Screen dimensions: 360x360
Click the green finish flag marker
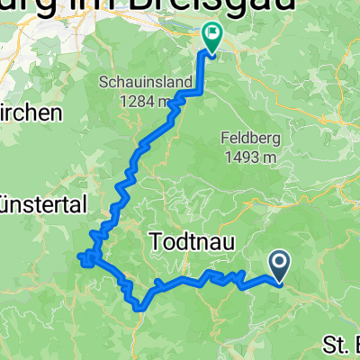pyautogui.click(x=213, y=38)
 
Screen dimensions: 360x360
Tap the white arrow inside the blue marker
pyautogui.click(x=279, y=263)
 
